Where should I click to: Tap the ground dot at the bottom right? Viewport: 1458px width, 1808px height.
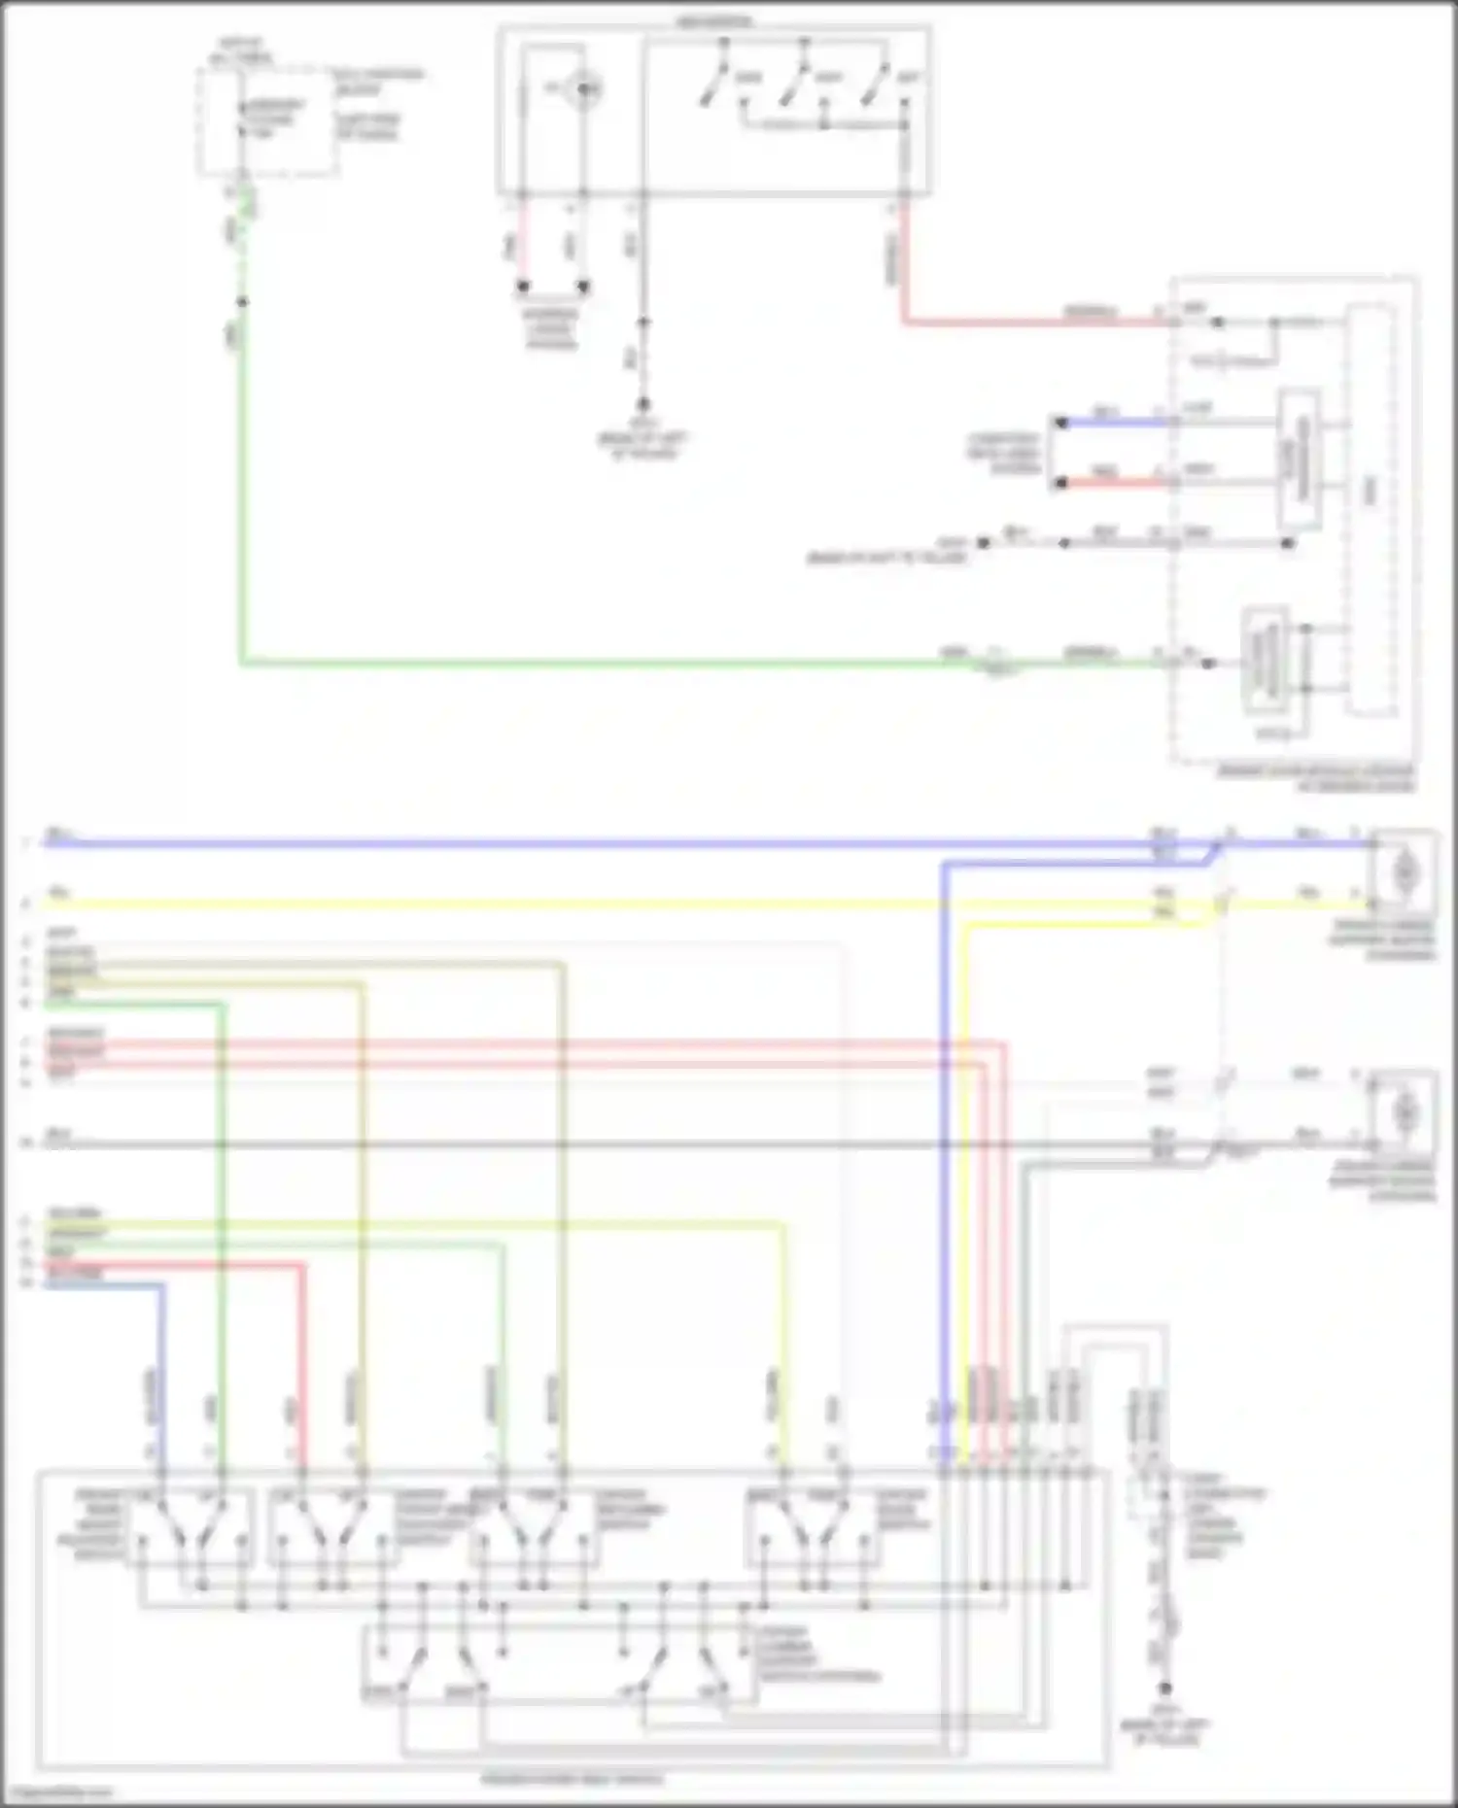pos(1164,1689)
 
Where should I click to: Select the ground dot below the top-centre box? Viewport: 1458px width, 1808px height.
pos(642,404)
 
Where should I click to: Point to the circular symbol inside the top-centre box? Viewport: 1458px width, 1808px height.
pos(583,89)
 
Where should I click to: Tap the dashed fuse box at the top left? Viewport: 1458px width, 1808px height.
pos(269,121)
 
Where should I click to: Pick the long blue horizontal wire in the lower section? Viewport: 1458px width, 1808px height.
pos(583,843)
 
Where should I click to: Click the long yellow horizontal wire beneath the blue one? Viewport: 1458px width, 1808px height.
pos(583,904)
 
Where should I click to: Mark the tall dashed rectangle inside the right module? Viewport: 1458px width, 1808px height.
pos(1371,510)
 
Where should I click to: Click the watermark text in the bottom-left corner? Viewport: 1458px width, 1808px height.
pos(58,1791)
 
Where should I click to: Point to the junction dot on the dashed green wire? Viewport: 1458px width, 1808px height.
pos(242,302)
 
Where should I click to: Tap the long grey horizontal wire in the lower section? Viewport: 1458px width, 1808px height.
pos(583,1145)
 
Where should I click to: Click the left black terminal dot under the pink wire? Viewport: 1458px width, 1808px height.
pos(523,287)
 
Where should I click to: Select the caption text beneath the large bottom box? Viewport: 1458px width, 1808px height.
pos(573,1779)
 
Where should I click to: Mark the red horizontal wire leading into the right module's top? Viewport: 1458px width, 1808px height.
pos(1030,321)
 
